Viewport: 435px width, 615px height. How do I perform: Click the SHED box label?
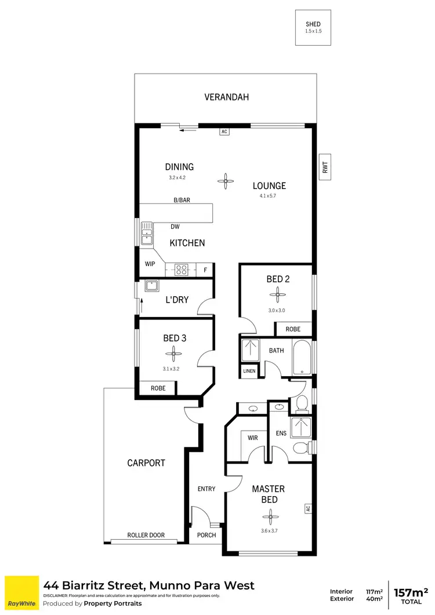pyautogui.click(x=313, y=24)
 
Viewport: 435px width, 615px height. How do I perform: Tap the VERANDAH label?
pyautogui.click(x=226, y=97)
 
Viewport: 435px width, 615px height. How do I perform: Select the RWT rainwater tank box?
pyautogui.click(x=325, y=168)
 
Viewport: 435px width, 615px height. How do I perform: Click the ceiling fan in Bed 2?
pyautogui.click(x=278, y=295)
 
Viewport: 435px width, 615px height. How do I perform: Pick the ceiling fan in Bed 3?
pyautogui.click(x=172, y=351)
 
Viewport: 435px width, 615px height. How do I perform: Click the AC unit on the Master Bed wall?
pyautogui.click(x=307, y=508)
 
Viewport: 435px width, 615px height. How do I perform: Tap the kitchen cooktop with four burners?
pyautogui.click(x=182, y=270)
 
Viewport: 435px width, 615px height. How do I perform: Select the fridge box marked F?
pyautogui.click(x=205, y=270)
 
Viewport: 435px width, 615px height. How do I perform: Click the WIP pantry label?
pyautogui.click(x=150, y=264)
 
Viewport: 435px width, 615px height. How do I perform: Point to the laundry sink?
pyautogui.click(x=152, y=285)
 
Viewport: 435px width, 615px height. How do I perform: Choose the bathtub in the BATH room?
pyautogui.click(x=302, y=357)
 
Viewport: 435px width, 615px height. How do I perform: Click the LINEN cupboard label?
pyautogui.click(x=249, y=370)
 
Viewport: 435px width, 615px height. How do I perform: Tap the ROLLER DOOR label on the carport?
pyautogui.click(x=146, y=536)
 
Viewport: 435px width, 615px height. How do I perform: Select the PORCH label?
pyautogui.click(x=206, y=535)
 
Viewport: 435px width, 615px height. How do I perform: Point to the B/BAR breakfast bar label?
pyautogui.click(x=182, y=200)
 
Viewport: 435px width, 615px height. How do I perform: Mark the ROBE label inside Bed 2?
pyautogui.click(x=293, y=329)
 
